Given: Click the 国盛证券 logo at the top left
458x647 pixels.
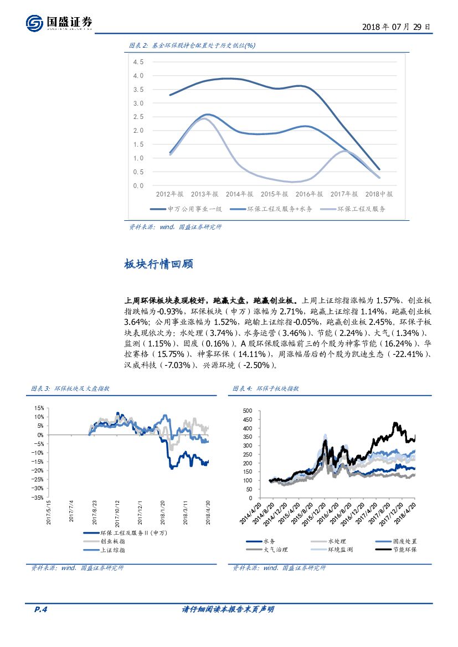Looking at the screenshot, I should [x=58, y=23].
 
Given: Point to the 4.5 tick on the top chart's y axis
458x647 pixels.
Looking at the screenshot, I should [x=138, y=61].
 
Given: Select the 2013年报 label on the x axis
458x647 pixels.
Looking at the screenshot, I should [x=204, y=194].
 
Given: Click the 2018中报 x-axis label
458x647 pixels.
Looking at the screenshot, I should [x=379, y=194].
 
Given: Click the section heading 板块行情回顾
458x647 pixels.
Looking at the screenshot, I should [x=158, y=265].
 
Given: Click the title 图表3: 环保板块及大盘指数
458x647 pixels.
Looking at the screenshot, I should [x=70, y=389].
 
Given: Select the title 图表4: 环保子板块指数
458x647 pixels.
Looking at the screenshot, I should [x=266, y=389].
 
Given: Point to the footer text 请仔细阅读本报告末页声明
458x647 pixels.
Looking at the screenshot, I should [x=228, y=610].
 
